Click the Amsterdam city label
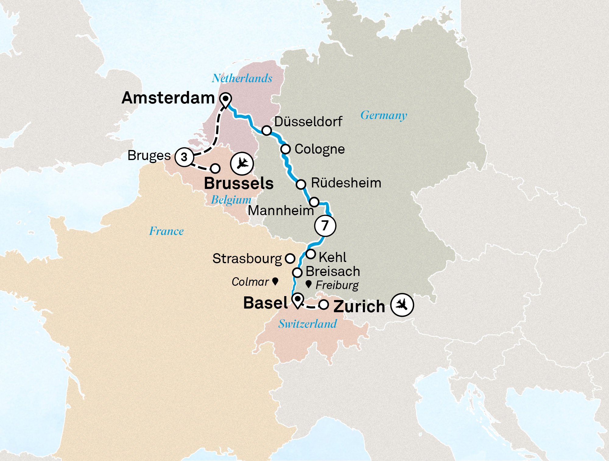[x=168, y=98]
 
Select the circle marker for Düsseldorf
[x=267, y=131]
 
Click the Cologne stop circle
[x=286, y=149]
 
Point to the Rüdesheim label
[x=346, y=183]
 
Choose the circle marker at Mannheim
[x=314, y=202]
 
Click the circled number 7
[x=325, y=225]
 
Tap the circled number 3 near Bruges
[x=184, y=157]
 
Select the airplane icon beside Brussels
[x=242, y=163]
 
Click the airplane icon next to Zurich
[x=402, y=304]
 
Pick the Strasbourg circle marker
[x=290, y=259]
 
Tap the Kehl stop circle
[x=311, y=254]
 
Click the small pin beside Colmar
[x=275, y=281]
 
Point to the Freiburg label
[x=337, y=285]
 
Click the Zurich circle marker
[x=323, y=305]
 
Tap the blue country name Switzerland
[x=308, y=324]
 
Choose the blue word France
[x=166, y=231]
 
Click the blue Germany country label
[x=384, y=115]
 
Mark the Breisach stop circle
[x=297, y=272]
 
